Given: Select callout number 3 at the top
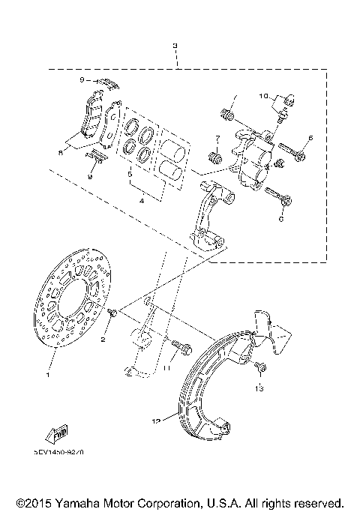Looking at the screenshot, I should pos(175,46).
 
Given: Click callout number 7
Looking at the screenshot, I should pos(214,139).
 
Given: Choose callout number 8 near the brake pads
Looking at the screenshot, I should pos(61,151).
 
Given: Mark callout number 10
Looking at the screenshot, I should pos(264,96).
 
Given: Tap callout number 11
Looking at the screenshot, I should pos(167,369).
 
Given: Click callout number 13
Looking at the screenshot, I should pos(258,388).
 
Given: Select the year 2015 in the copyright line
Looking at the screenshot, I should pos(29,502).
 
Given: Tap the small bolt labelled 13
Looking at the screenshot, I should pos(260,367).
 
